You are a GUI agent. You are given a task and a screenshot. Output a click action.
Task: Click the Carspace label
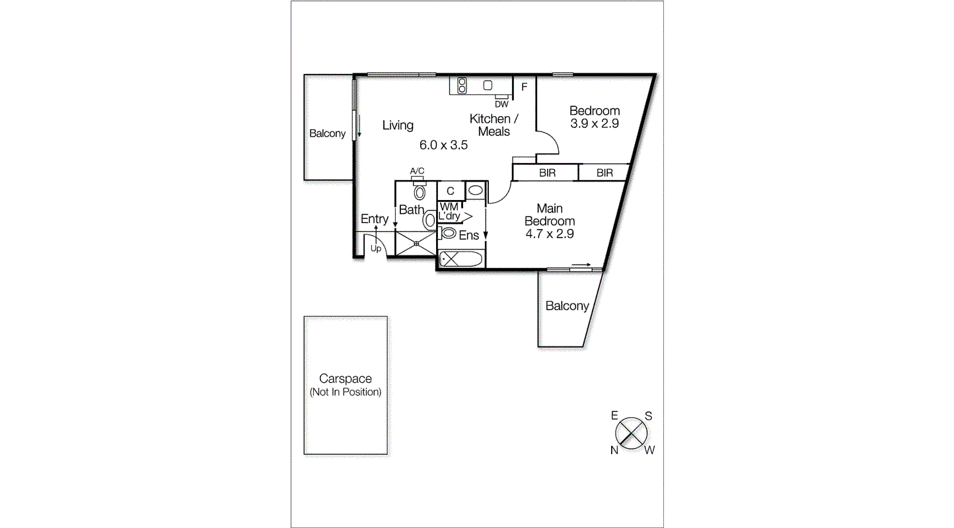(x=345, y=379)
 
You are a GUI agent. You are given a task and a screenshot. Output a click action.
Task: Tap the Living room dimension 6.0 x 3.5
(x=443, y=145)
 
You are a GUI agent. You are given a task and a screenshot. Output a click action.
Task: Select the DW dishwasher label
(x=501, y=104)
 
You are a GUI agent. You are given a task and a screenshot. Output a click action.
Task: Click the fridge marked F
(x=524, y=86)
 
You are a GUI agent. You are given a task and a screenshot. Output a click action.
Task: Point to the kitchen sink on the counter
(x=488, y=85)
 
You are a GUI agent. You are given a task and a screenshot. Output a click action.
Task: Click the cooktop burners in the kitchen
(x=462, y=85)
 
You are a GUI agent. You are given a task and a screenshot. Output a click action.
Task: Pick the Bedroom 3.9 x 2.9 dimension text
(x=594, y=123)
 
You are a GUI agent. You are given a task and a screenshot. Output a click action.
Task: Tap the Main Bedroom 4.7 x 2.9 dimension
(x=549, y=234)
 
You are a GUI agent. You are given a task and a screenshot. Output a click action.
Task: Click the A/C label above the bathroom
(x=417, y=172)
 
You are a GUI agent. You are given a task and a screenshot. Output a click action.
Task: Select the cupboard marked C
(x=450, y=191)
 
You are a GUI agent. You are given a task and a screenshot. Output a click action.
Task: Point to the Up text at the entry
(x=375, y=249)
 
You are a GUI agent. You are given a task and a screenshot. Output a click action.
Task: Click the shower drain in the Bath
(x=416, y=243)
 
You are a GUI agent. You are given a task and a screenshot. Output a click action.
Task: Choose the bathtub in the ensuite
(x=461, y=259)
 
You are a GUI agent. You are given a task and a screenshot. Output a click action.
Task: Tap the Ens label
(x=468, y=235)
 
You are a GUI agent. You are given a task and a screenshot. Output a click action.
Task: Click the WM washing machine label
(x=449, y=207)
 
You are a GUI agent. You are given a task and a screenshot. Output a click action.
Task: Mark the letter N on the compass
(x=614, y=450)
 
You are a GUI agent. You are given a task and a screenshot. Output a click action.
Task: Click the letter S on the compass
(x=649, y=416)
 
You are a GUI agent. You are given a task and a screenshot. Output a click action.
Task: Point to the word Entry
(x=375, y=219)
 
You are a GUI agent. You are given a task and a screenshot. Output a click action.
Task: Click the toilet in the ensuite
(x=449, y=233)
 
